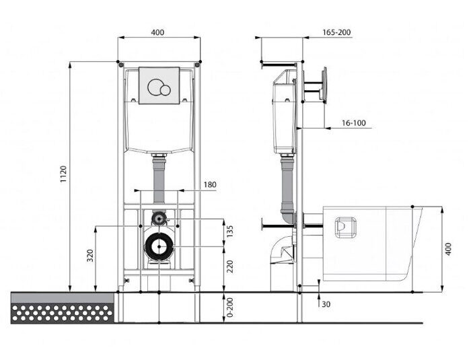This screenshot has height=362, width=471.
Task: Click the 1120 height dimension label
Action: (x=63, y=174)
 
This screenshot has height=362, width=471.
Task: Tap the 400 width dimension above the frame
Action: (x=157, y=32)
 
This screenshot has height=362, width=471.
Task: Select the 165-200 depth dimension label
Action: (x=336, y=32)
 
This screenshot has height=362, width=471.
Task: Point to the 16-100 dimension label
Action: (x=354, y=123)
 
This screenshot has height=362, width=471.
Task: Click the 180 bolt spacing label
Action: (x=210, y=184)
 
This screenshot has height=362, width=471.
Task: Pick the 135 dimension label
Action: (x=230, y=231)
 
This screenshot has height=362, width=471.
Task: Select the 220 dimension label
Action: (x=230, y=266)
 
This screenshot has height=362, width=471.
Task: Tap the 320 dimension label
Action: (x=90, y=256)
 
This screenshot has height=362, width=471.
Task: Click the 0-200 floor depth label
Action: (x=230, y=307)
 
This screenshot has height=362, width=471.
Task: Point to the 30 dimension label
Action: (x=326, y=304)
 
